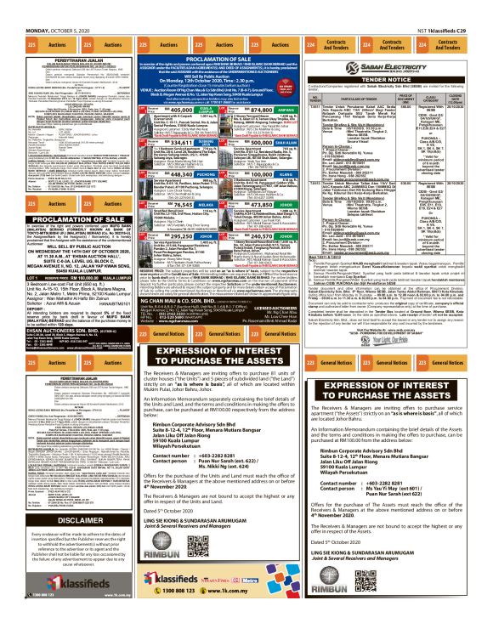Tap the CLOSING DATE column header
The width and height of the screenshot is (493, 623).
pyautogui.click(x=477, y=100)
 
